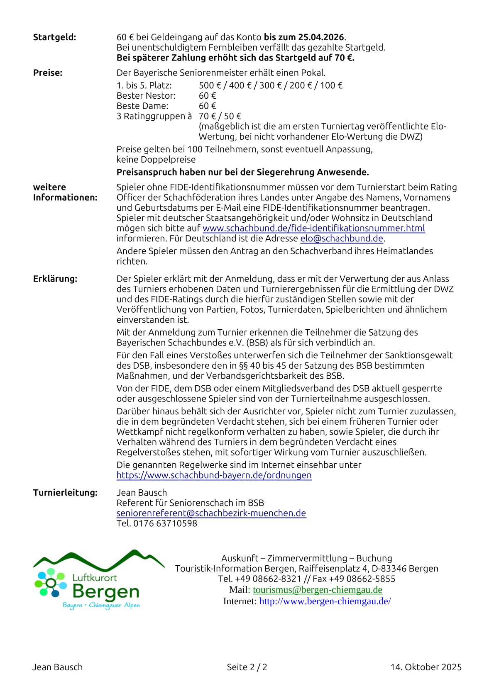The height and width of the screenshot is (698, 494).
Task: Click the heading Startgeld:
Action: [x=54, y=37]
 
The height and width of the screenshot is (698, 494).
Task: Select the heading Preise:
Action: [x=48, y=73]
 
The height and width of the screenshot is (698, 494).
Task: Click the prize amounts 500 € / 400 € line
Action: [x=271, y=85]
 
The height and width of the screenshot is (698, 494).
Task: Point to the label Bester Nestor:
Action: [x=146, y=96]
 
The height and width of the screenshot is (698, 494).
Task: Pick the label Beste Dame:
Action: [x=142, y=106]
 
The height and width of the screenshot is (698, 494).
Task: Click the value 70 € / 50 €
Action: [x=220, y=116]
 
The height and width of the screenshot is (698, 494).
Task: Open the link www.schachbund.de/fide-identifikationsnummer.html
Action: [x=313, y=228]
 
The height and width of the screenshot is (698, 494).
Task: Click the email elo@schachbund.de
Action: [x=342, y=238]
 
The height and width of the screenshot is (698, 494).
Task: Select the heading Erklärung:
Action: [x=55, y=279]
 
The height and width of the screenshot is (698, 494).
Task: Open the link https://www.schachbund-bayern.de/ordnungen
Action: [x=214, y=475]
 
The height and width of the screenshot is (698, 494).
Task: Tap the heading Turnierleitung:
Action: [x=65, y=493]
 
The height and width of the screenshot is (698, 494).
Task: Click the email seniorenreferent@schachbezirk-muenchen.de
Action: [x=211, y=513]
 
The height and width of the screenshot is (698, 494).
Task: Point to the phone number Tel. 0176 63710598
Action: [x=157, y=523]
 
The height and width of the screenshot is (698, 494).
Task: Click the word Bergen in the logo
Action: [x=106, y=591]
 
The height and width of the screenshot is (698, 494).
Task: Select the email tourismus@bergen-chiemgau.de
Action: [x=318, y=590]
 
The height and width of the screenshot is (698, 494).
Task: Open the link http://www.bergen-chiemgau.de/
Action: [x=325, y=601]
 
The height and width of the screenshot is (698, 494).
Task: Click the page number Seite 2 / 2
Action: [x=247, y=667]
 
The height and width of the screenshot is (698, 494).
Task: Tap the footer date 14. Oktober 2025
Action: [x=426, y=667]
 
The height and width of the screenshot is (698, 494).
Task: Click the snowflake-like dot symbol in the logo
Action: [x=50, y=583]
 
